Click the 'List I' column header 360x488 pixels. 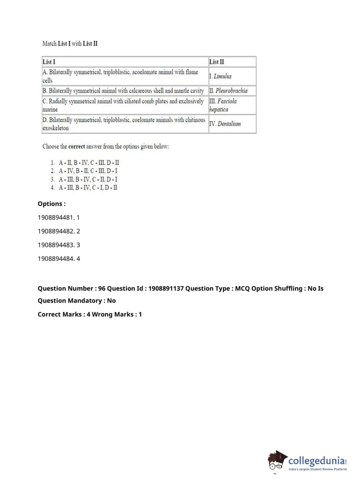49,62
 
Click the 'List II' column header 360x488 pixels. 217,62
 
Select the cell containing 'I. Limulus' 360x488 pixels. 220,76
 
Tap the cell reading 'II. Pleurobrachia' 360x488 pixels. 228,91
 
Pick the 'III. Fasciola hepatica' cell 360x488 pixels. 223,105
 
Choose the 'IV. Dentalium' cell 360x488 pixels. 225,124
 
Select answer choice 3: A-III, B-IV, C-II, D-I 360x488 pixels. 88,179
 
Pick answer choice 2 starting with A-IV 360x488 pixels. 88,171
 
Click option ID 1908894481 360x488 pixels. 56,217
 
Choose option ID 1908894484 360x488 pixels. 56,258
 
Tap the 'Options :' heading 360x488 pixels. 52,204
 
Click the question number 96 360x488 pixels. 102,288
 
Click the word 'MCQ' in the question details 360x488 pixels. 242,288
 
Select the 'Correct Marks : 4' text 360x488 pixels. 64,314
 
